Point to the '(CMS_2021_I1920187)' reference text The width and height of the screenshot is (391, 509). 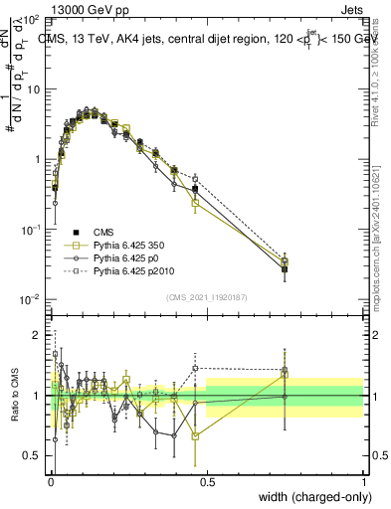click(x=206, y=297)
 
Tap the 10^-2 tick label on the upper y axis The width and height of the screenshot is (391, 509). click(x=31, y=299)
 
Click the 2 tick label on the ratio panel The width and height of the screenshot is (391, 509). click(x=39, y=335)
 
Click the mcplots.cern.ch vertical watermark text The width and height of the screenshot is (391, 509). click(x=383, y=229)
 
